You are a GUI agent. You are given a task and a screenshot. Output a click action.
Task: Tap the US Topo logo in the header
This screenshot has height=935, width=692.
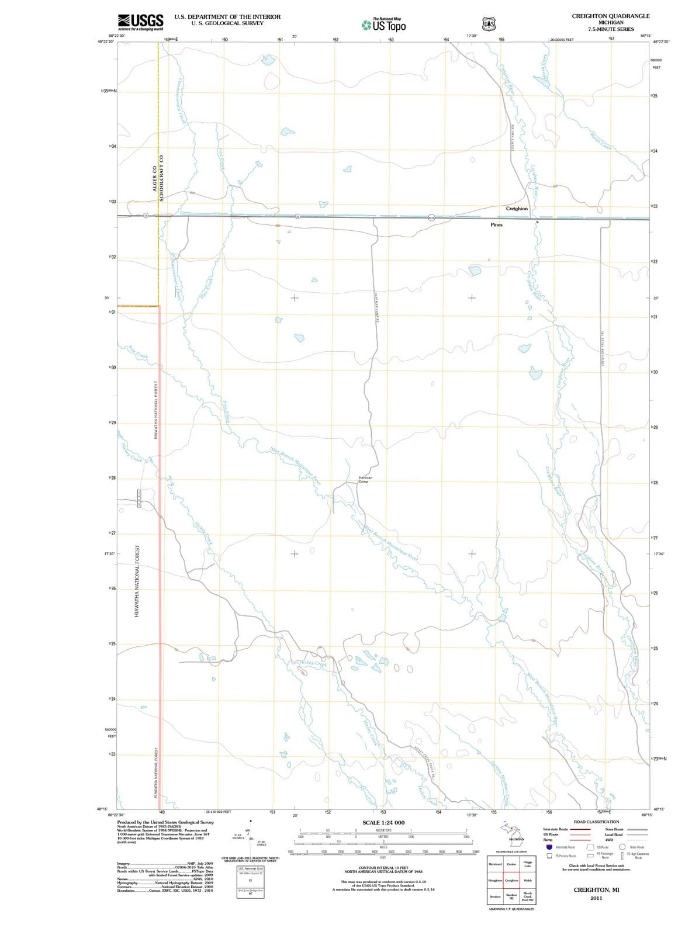[383, 25]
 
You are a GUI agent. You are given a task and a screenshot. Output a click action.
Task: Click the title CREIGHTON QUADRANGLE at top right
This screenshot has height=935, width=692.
[610, 16]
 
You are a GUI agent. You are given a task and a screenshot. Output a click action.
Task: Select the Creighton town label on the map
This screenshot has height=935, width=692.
[517, 209]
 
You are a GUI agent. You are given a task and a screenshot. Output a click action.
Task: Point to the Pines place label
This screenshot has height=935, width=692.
[496, 224]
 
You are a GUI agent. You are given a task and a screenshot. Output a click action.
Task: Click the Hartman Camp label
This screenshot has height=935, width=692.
[363, 480]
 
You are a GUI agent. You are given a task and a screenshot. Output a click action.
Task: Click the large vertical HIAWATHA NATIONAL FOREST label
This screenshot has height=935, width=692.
[136, 581]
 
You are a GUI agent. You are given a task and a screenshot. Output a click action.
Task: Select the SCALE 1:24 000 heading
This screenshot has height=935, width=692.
[383, 822]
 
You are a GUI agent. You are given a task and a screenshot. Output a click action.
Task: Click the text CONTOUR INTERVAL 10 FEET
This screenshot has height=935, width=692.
[383, 868]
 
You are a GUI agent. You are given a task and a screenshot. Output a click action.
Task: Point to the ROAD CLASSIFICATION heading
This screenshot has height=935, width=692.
[596, 822]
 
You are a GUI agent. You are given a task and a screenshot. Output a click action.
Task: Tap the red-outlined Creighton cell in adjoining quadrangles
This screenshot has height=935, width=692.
[511, 880]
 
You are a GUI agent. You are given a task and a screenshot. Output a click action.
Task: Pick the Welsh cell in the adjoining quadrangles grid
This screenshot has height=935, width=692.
[527, 880]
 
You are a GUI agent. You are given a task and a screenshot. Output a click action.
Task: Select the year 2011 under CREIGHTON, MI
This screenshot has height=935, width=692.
[596, 898]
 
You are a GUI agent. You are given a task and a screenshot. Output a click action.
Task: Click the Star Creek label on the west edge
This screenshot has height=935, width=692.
[138, 352]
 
